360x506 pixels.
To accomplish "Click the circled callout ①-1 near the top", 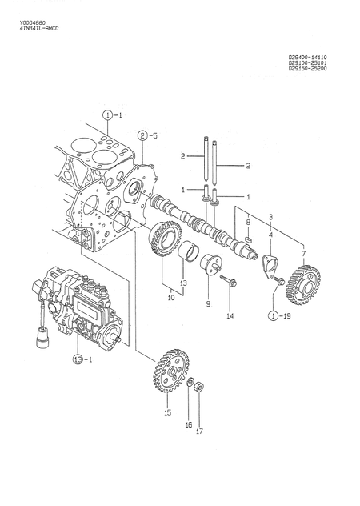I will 111,116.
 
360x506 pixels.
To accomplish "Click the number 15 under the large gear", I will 167,413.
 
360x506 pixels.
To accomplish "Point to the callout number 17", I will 199,432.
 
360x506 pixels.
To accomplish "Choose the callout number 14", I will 230,317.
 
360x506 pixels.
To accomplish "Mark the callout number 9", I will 206,303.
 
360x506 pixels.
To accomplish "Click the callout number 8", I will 249,222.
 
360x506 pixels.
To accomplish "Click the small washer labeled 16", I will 190,386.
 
